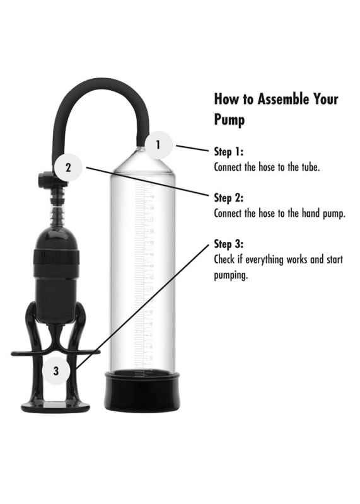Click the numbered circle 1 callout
(x=158, y=145)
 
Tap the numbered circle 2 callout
(x=69, y=168)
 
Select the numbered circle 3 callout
(x=56, y=371)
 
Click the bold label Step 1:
(x=228, y=152)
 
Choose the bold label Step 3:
(x=228, y=244)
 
